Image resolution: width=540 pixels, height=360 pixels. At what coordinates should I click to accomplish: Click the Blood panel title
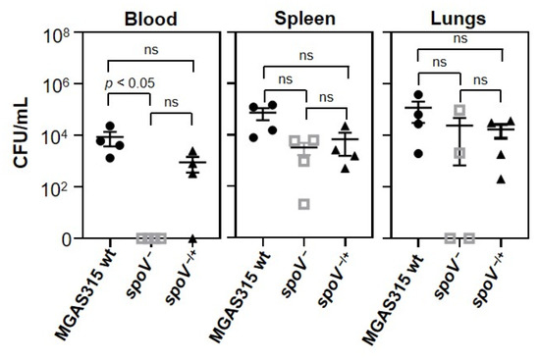click(x=150, y=18)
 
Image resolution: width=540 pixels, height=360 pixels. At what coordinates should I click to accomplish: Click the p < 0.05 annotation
click(x=130, y=85)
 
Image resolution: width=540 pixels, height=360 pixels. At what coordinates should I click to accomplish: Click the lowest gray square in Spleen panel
click(x=304, y=204)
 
